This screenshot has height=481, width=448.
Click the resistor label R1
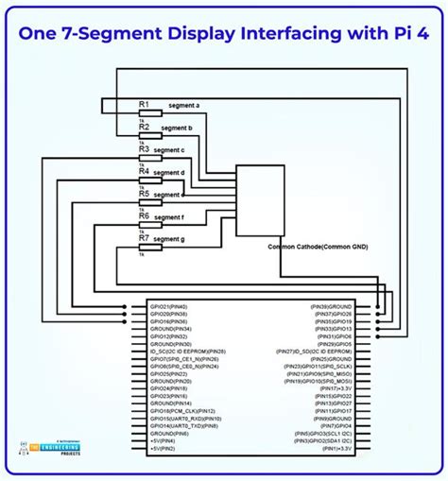click(x=144, y=103)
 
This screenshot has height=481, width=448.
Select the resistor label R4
click(x=144, y=171)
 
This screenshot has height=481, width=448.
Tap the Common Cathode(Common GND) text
click(x=319, y=247)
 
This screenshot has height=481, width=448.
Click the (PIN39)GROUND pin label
click(x=331, y=306)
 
